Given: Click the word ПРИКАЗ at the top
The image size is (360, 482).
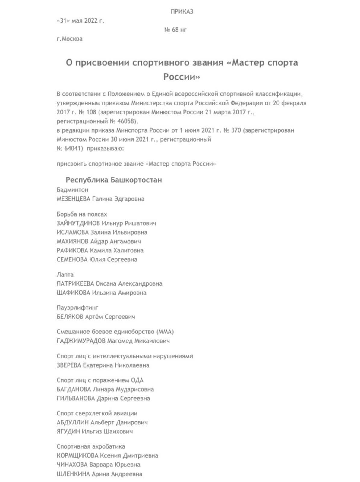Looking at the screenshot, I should pyautogui.click(x=182, y=12).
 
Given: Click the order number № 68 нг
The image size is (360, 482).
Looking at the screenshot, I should pyautogui.click(x=175, y=30).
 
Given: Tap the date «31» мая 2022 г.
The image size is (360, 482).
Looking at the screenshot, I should pyautogui.click(x=80, y=21).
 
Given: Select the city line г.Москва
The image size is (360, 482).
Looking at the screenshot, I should pyautogui.click(x=69, y=39).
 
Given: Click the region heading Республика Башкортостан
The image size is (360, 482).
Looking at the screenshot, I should pyautogui.click(x=114, y=180).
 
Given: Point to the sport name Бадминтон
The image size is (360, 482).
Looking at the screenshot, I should pyautogui.click(x=72, y=190).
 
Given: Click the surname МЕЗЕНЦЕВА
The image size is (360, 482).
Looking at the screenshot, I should pyautogui.click(x=73, y=199).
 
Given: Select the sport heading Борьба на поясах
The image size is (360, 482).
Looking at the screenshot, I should pyautogui.click(x=82, y=214).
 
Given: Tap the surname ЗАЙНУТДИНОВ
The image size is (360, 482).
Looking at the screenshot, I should pyautogui.click(x=78, y=223).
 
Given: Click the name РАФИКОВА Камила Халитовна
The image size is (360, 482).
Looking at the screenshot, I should pyautogui.click(x=100, y=250).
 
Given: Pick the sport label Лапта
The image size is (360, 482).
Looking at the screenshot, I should pyautogui.click(x=65, y=274).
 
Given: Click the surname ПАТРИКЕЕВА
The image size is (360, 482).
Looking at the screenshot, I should pyautogui.click(x=75, y=283).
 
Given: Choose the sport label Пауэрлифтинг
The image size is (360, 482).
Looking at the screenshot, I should pyautogui.click(x=77, y=308).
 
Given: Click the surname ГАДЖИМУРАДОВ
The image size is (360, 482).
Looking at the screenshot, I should pyautogui.click(x=81, y=341).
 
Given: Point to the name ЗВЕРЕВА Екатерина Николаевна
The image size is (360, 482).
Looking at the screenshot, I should pyautogui.click(x=103, y=365).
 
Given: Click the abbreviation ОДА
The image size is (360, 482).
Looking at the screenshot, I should pyautogui.click(x=137, y=380).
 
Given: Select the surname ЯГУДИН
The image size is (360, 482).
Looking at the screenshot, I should pyautogui.click(x=68, y=431).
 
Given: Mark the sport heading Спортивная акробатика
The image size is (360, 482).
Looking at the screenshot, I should pyautogui.click(x=91, y=446).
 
